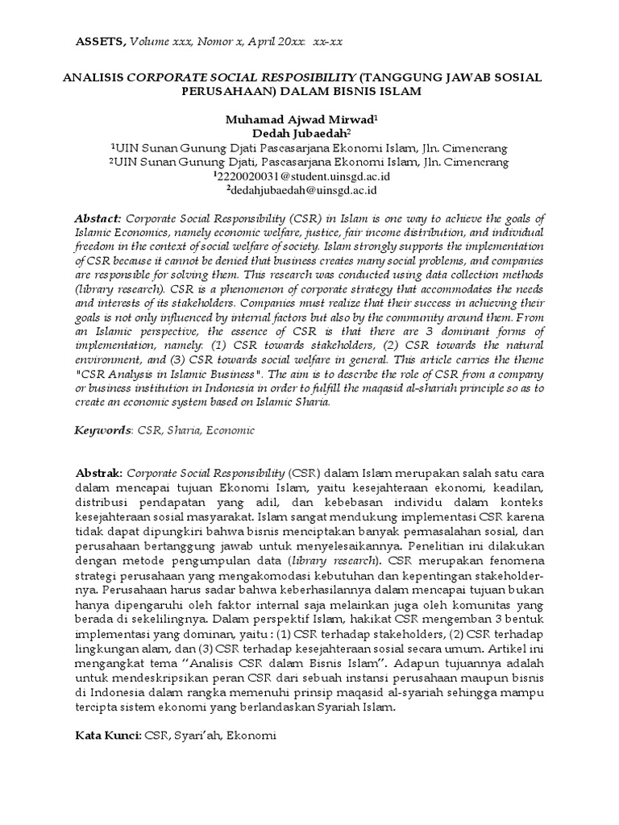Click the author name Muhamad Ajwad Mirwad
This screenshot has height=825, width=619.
[x=297, y=118]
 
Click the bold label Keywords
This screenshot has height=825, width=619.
[x=102, y=430]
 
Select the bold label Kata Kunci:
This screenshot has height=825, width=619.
[x=108, y=736]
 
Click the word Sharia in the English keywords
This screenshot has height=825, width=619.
[x=179, y=430]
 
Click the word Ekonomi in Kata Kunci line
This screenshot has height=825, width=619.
[x=252, y=736]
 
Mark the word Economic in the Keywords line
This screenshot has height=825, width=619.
[x=230, y=430]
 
